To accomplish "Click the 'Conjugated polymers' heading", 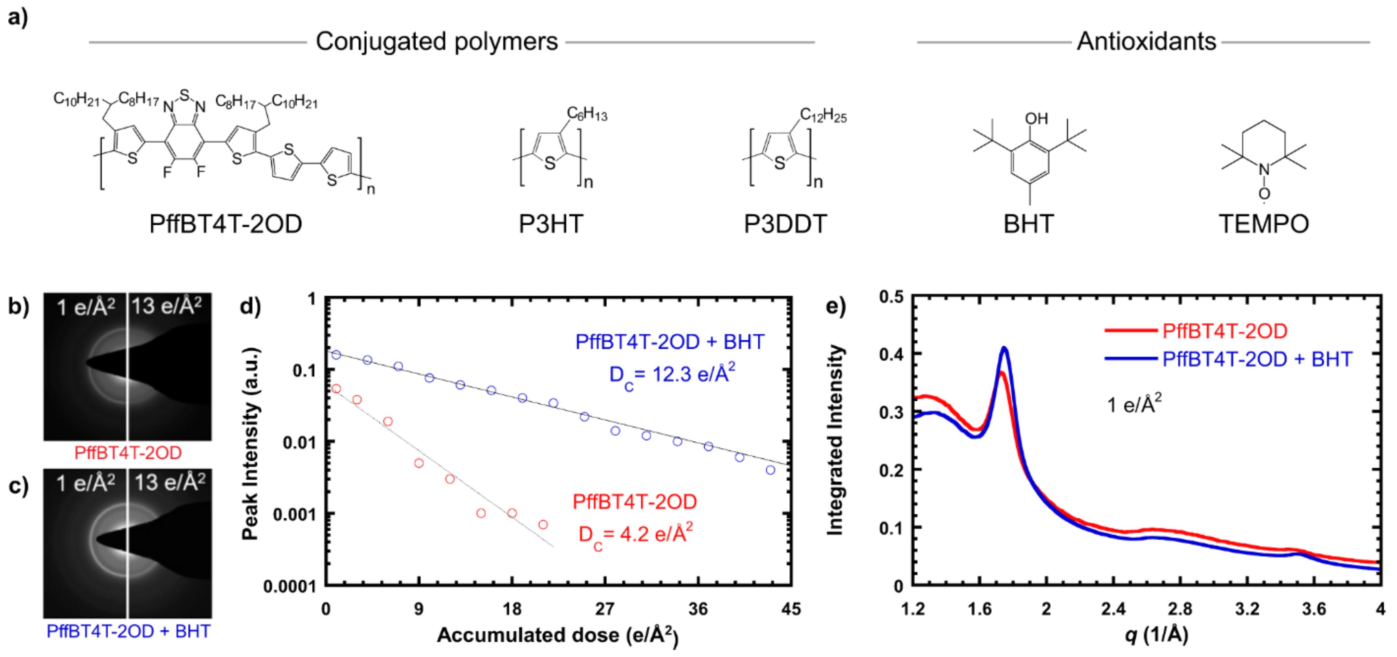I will (436, 42).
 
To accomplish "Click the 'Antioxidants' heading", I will (1146, 42).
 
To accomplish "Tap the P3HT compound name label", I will (551, 224).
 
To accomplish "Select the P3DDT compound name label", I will (785, 224).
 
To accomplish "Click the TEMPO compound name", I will (1263, 224).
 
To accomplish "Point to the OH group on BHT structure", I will (1036, 119).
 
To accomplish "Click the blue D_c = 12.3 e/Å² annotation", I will (672, 374).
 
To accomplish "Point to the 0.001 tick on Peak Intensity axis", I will (295, 514).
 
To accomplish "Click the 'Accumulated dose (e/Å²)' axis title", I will (557, 635).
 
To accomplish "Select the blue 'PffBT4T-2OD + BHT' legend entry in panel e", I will (1257, 359).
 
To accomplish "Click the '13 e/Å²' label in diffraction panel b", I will (166, 306).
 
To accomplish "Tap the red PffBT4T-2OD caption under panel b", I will (128, 453).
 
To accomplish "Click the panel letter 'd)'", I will (250, 306).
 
